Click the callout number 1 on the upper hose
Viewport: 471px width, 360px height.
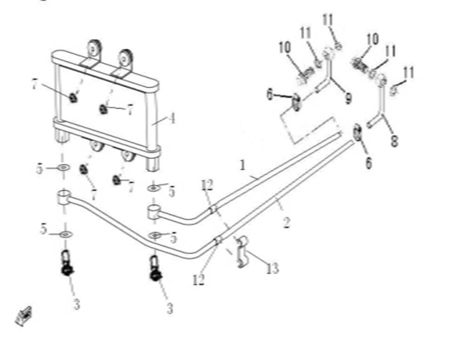pos(243,165)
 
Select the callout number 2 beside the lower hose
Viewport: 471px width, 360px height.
pos(286,223)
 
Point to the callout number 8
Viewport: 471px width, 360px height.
pos(394,140)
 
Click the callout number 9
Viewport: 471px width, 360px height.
pos(348,97)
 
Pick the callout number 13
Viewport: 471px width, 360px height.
pos(272,268)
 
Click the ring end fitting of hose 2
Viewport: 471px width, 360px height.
pos(63,198)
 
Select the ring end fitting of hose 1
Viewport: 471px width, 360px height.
pos(153,211)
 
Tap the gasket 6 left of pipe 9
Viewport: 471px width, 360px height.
pos(297,101)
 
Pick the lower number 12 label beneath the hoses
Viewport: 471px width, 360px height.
pos(199,280)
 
